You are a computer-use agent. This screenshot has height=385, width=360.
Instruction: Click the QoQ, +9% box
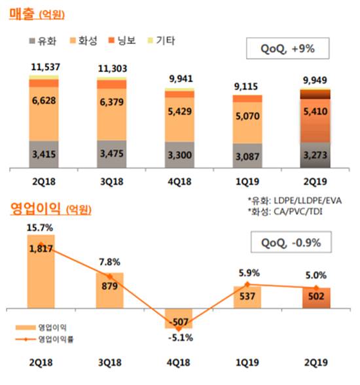(x=285, y=48)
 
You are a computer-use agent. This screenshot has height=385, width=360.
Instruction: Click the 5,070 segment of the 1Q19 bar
(x=247, y=120)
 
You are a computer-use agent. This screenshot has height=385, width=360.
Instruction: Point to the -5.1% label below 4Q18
(x=178, y=339)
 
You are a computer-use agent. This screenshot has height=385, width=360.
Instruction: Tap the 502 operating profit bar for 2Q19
(x=316, y=299)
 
